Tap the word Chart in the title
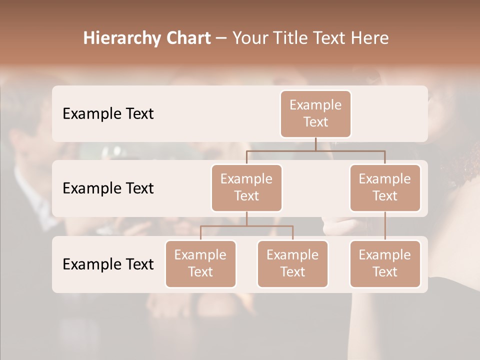[185, 38]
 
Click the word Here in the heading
[369, 38]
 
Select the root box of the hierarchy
[315, 113]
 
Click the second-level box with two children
[246, 187]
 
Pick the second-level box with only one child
[385, 187]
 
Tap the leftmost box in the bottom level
[200, 263]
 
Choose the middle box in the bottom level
[292, 263]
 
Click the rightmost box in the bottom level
[385, 263]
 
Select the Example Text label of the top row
[108, 113]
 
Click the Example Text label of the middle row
[108, 188]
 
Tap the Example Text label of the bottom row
[108, 263]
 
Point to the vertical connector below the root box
[315, 144]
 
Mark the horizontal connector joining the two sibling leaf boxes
[225, 226]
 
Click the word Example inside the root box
[315, 105]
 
